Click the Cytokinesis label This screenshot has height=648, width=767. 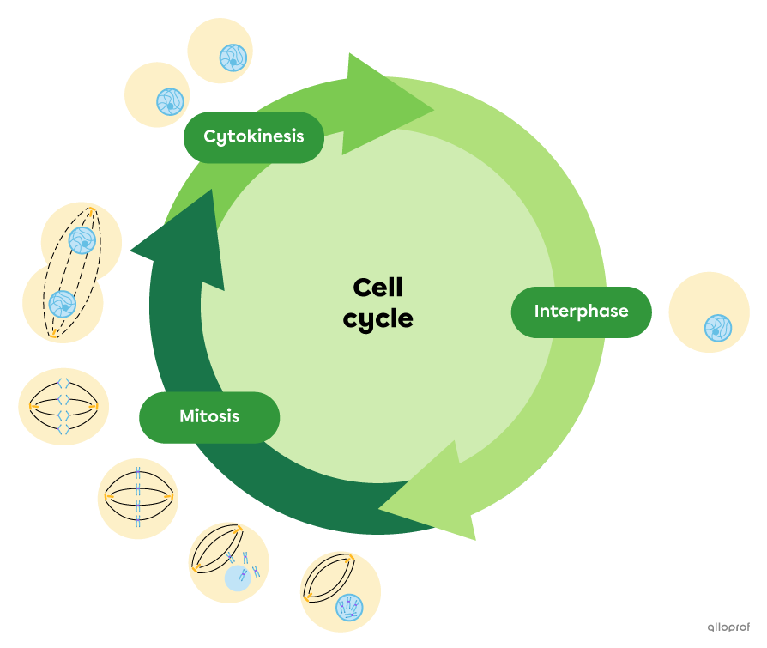click(x=254, y=136)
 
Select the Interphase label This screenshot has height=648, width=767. click(x=581, y=312)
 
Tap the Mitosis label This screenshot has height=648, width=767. click(x=209, y=417)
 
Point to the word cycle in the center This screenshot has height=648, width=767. click(x=377, y=318)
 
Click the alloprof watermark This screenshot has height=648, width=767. click(x=728, y=627)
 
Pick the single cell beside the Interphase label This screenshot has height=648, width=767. click(x=709, y=312)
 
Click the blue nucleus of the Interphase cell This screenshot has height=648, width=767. click(x=717, y=328)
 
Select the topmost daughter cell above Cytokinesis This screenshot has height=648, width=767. click(x=220, y=51)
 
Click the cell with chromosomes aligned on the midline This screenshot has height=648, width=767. click(x=137, y=498)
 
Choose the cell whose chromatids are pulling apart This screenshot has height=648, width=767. click(x=63, y=407)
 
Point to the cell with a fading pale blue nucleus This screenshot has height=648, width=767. click(x=228, y=563)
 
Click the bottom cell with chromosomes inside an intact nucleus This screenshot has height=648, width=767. click(x=341, y=591)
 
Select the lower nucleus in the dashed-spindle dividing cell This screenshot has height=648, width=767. click(x=62, y=303)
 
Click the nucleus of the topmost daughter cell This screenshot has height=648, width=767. click(x=233, y=58)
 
